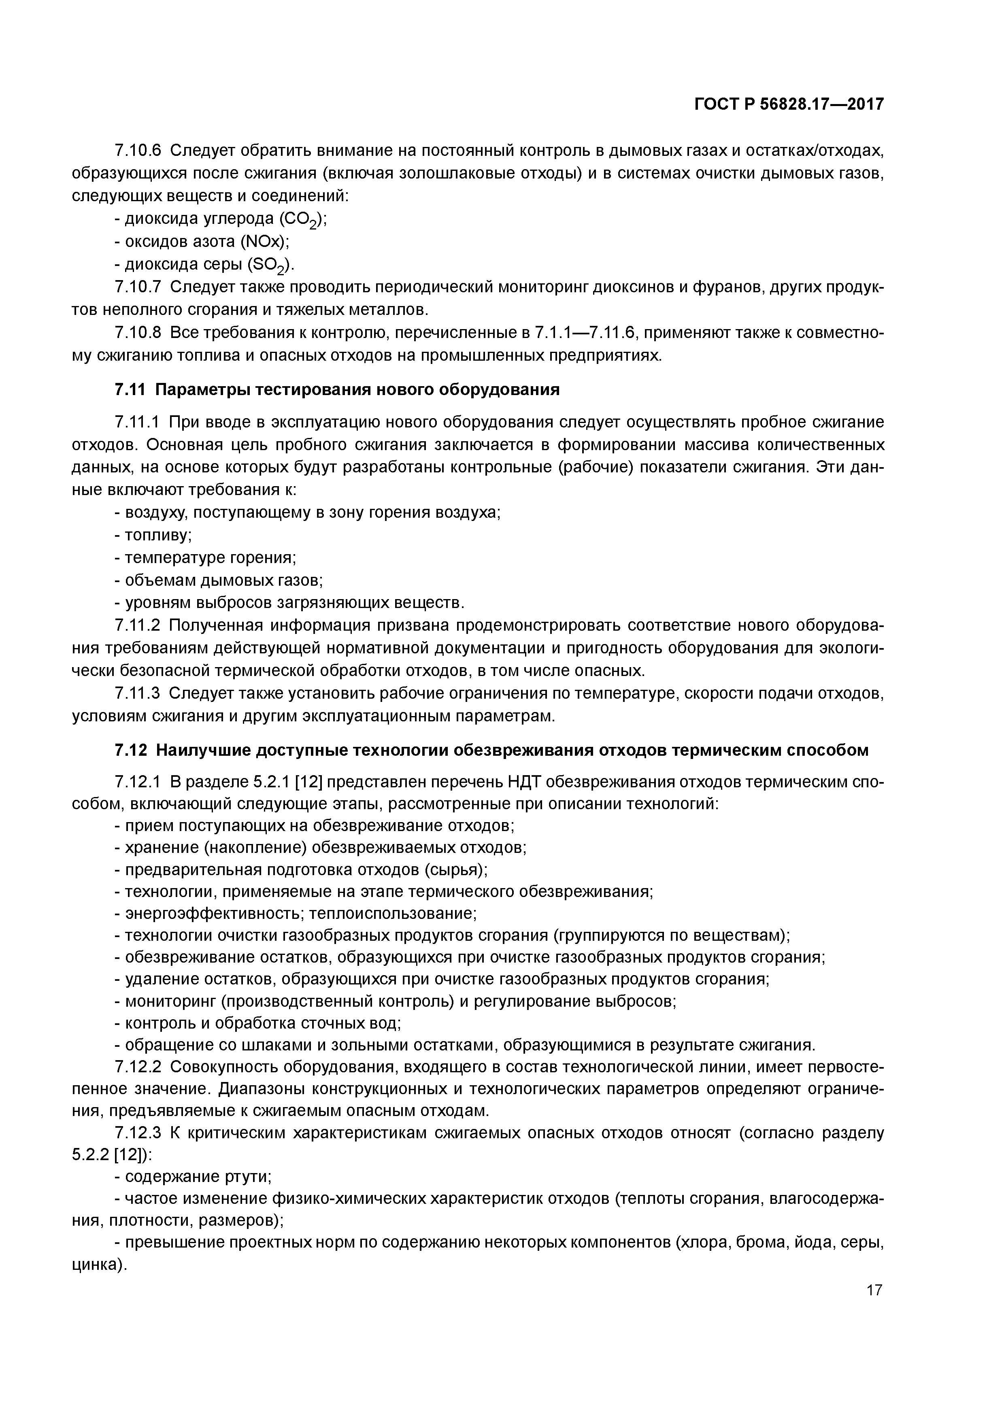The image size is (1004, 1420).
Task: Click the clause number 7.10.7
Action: [138, 287]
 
